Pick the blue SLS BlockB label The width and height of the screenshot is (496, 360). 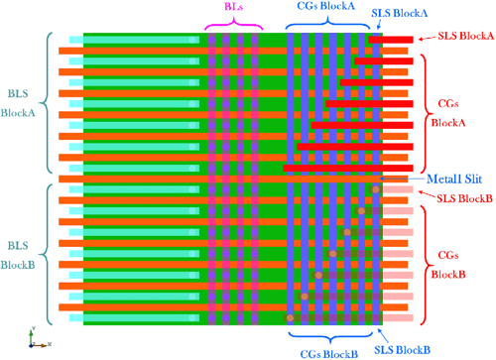pos(402,349)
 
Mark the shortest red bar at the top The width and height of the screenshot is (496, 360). pos(397,40)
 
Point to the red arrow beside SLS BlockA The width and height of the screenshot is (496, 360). pos(426,38)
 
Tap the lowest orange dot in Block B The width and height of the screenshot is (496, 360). pos(290,317)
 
